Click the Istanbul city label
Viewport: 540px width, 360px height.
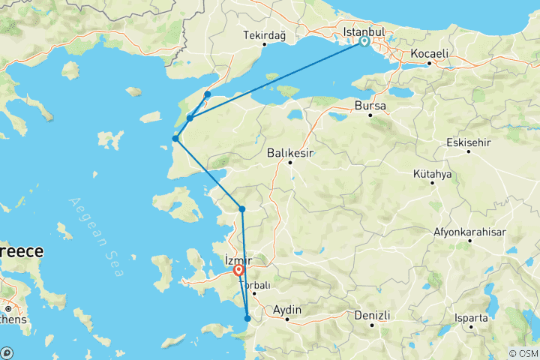click(364, 32)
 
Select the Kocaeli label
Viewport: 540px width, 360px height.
click(430, 54)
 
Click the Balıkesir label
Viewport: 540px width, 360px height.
click(290, 153)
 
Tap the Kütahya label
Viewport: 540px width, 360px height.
click(432, 173)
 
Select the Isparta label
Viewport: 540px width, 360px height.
click(470, 317)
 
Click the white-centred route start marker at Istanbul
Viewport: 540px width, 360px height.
click(364, 42)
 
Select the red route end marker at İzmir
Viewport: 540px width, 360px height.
click(238, 270)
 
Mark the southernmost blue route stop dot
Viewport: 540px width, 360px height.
click(247, 319)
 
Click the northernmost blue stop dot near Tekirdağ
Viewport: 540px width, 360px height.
click(207, 94)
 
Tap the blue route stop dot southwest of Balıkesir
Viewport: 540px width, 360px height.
click(241, 209)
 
